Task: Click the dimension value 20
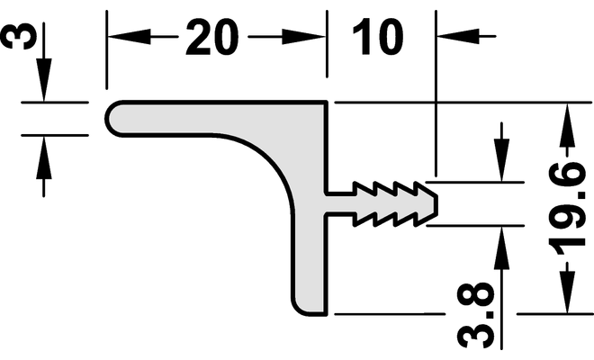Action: pos(215,39)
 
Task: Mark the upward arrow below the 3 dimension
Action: pos(43,149)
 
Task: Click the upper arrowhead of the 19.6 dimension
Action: pos(566,117)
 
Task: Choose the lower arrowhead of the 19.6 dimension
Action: pos(566,301)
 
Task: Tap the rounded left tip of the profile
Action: pos(110,118)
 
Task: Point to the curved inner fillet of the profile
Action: pos(270,157)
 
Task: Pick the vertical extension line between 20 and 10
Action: pos(328,54)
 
